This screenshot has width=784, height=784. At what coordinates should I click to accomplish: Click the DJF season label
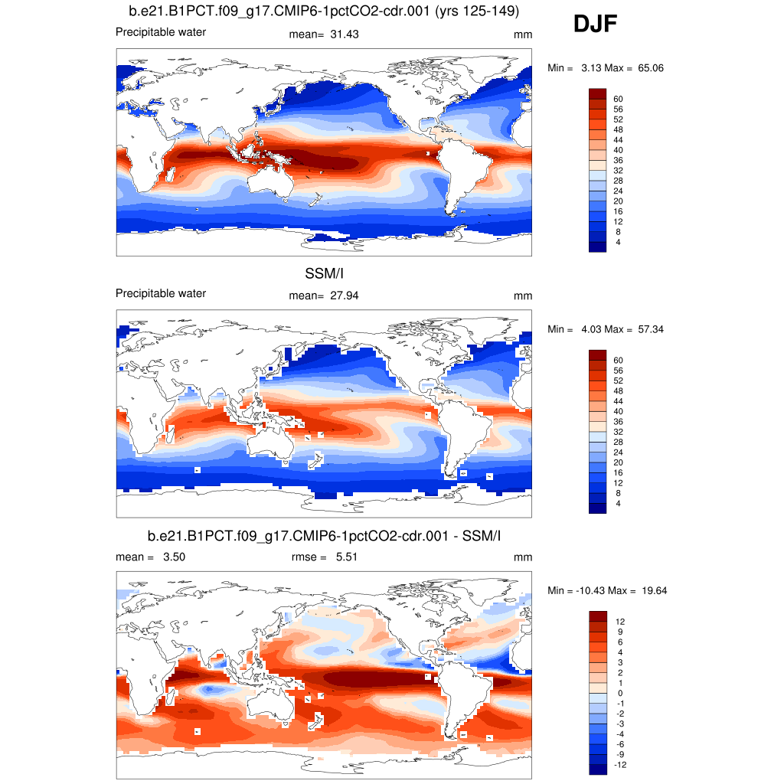pyautogui.click(x=595, y=25)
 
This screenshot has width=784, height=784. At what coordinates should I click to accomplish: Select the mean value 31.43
pyautogui.click(x=345, y=34)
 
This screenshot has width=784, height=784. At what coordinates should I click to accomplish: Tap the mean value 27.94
pyautogui.click(x=345, y=296)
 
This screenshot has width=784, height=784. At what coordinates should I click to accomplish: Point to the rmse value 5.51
pyautogui.click(x=347, y=557)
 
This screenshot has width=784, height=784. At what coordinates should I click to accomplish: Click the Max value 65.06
pyautogui.click(x=649, y=68)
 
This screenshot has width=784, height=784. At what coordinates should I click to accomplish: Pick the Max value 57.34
pyautogui.click(x=649, y=329)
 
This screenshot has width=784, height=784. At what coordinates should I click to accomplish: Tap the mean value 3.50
pyautogui.click(x=174, y=557)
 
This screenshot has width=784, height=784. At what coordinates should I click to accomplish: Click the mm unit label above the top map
pyautogui.click(x=523, y=35)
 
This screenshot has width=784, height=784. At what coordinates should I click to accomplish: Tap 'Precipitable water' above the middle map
pyautogui.click(x=161, y=293)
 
